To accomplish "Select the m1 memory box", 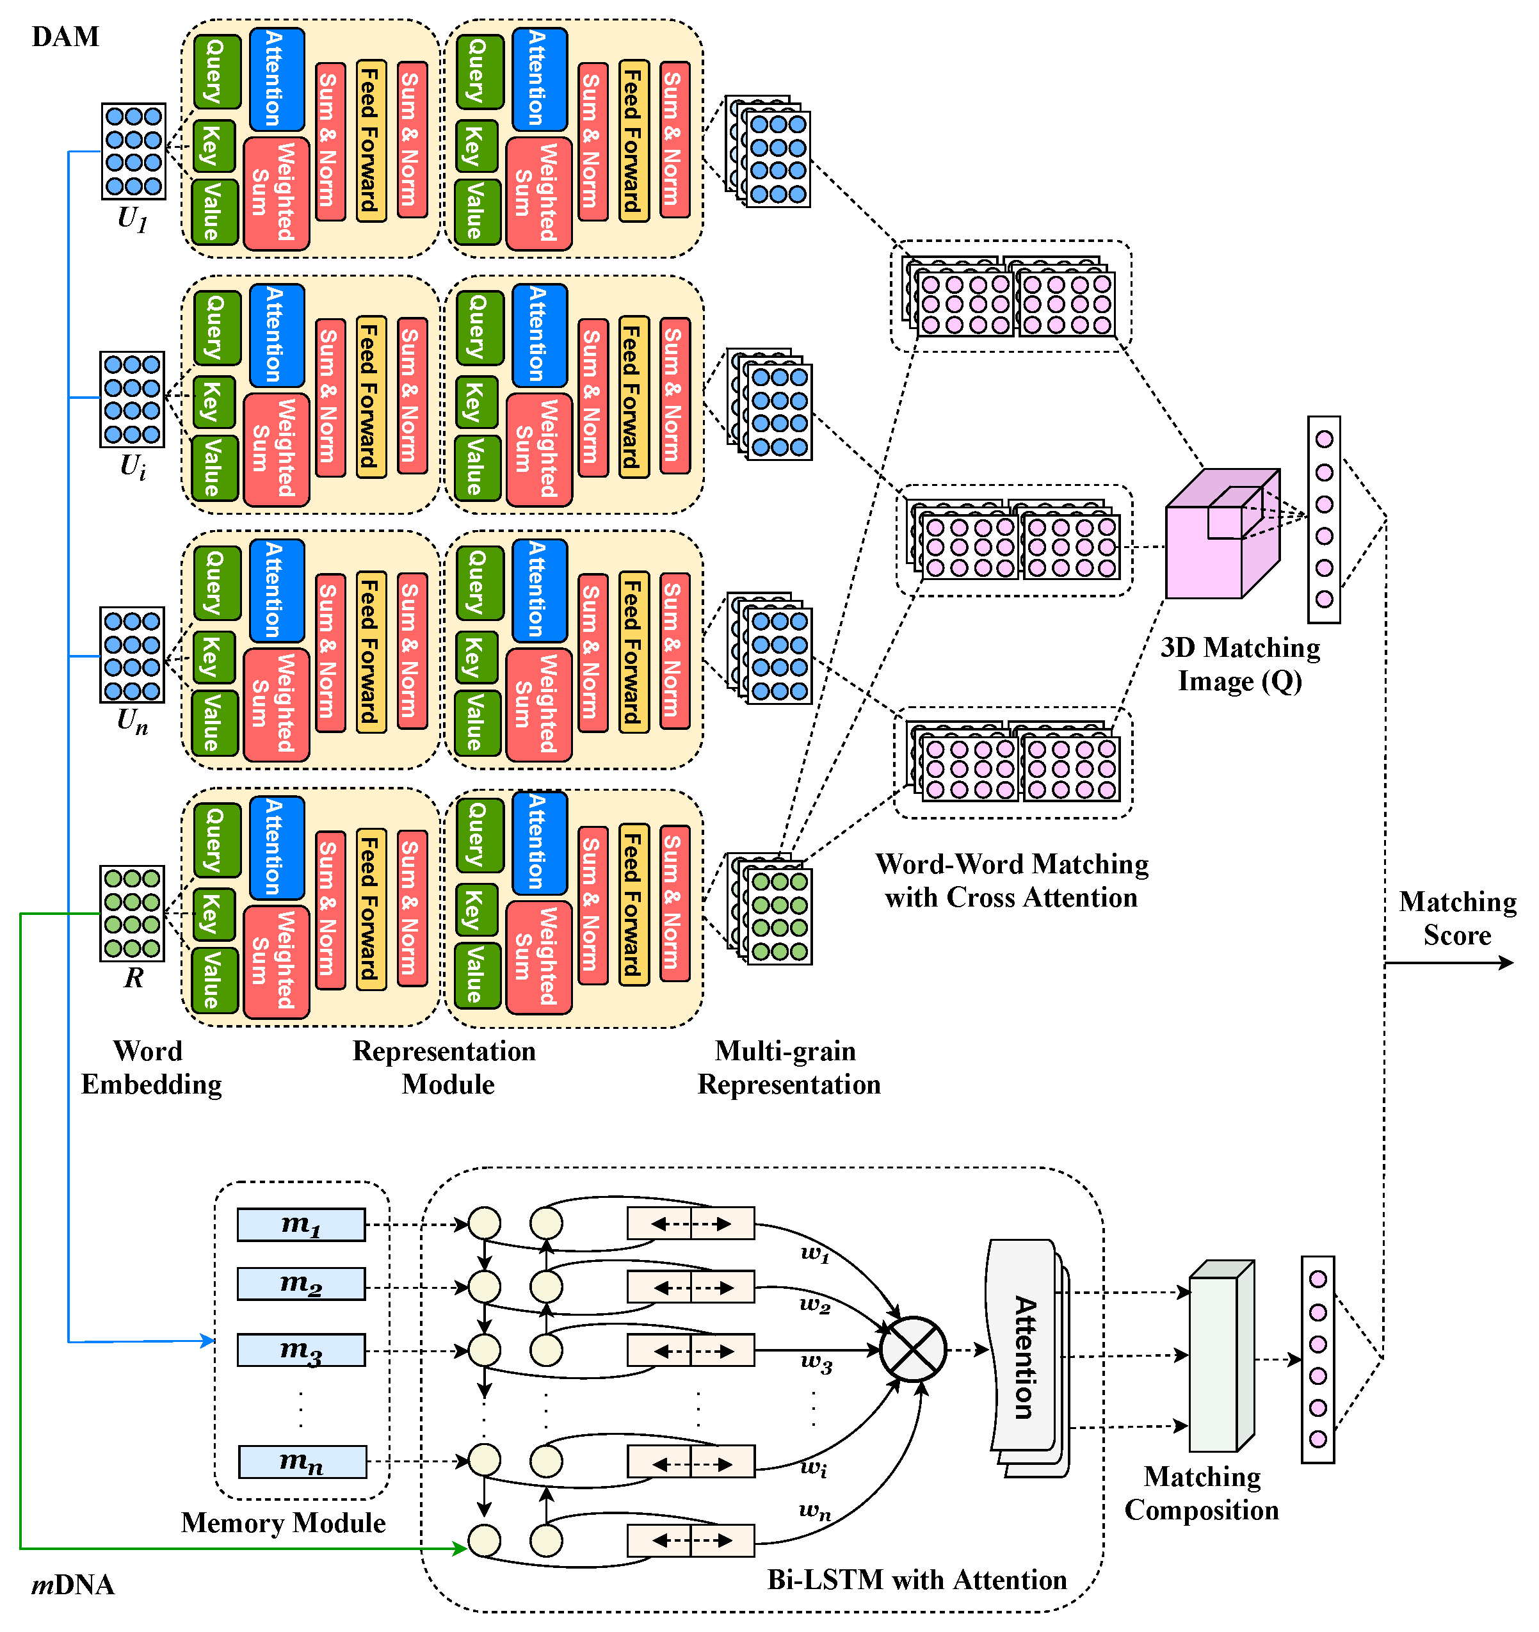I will tap(302, 1224).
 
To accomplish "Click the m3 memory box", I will tap(302, 1350).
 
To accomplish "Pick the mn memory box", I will tap(302, 1461).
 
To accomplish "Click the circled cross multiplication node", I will tap(913, 1350).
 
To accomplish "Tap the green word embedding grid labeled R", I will tap(132, 913).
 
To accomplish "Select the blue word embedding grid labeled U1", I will tap(133, 151).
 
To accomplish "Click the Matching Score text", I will tap(1457, 917).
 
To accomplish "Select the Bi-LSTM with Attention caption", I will tap(916, 1579).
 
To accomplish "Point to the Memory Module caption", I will tap(283, 1523).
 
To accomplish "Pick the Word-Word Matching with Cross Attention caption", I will tap(1011, 880).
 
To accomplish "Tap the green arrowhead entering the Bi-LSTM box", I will tap(460, 1548).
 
